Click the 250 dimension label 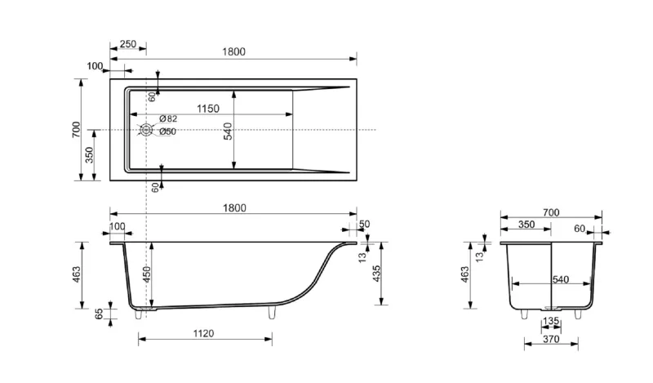(x=128, y=44)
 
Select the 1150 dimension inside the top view (x=208, y=109)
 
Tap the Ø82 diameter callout (x=168, y=118)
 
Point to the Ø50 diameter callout (x=167, y=131)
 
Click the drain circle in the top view (x=146, y=130)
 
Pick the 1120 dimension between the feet (x=203, y=333)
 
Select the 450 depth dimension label (x=147, y=274)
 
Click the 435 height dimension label (x=376, y=274)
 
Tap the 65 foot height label (x=99, y=314)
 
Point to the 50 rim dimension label (x=364, y=225)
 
